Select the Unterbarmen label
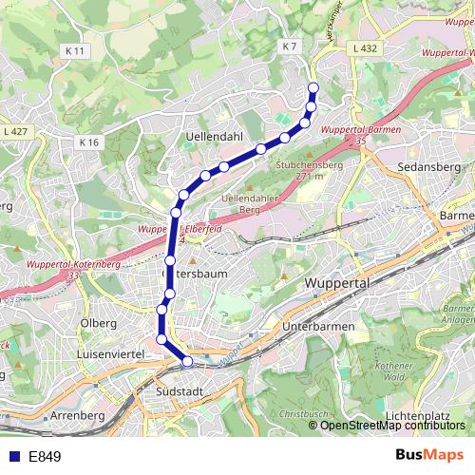click(x=318, y=327)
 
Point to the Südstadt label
click(x=178, y=390)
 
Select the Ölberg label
click(x=99, y=323)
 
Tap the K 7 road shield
click(x=290, y=46)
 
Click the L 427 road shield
click(x=15, y=131)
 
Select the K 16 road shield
click(x=89, y=142)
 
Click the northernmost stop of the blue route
click(x=313, y=88)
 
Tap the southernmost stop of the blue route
click(x=187, y=361)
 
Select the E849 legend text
click(x=45, y=456)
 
